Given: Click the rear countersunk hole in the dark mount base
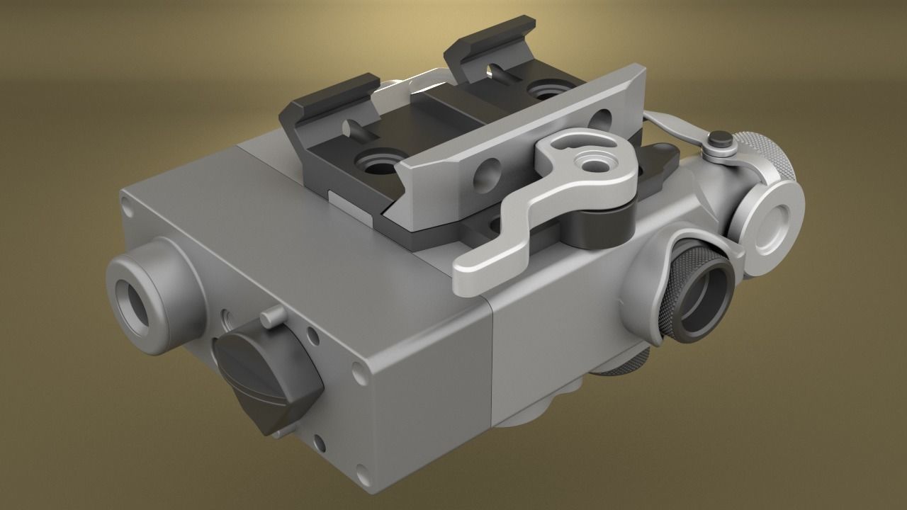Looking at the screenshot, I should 546,91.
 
